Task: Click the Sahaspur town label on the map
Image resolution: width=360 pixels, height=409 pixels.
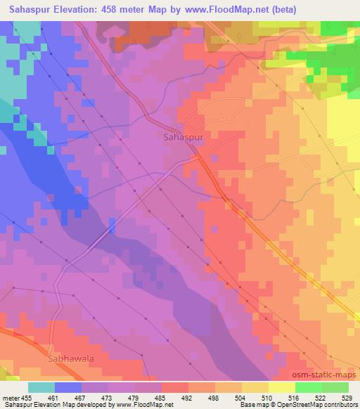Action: tap(183, 137)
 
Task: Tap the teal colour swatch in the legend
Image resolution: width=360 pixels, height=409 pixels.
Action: tap(41, 387)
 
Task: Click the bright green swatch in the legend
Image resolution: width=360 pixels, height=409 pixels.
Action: tap(308, 387)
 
